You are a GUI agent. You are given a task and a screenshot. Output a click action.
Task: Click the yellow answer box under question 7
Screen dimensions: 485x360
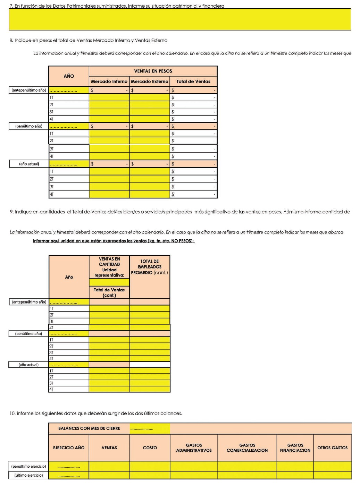click(179, 19)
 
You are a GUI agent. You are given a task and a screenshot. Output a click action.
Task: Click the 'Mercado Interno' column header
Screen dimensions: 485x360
click(109, 82)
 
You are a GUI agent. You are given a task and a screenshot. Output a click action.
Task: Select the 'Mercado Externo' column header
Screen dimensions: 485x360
click(149, 82)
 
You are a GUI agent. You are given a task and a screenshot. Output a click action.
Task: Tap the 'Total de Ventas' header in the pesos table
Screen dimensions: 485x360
click(193, 82)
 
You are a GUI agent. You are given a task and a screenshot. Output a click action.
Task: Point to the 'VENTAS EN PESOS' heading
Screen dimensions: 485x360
click(153, 71)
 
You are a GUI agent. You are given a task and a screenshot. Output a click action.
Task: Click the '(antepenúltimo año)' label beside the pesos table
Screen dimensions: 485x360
click(29, 90)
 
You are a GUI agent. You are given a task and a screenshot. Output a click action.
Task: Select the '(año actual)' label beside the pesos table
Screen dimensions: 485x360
click(29, 164)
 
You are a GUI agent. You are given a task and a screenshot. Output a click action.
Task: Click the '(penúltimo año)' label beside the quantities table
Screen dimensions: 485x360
click(29, 334)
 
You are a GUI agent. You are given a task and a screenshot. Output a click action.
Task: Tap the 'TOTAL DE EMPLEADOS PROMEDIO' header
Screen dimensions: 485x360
click(150, 267)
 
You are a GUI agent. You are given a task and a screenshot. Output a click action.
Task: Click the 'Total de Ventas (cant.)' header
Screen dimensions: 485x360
click(109, 292)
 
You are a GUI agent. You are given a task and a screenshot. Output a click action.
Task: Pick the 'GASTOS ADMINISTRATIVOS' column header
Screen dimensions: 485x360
click(194, 448)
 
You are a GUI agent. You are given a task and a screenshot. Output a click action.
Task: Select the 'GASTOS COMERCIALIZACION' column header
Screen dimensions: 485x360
click(247, 448)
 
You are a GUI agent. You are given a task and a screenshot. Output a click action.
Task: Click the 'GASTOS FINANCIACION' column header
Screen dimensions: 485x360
click(295, 448)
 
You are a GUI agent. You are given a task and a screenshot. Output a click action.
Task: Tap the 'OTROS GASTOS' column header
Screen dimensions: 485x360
click(332, 448)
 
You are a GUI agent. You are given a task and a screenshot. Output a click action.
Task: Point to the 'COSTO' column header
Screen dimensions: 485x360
click(150, 448)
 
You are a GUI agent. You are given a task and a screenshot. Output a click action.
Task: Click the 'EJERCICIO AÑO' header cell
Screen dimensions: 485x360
click(69, 448)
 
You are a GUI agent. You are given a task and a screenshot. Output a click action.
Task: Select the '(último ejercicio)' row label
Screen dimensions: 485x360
click(29, 475)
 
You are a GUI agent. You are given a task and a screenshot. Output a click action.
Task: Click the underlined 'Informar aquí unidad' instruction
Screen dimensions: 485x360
click(114, 241)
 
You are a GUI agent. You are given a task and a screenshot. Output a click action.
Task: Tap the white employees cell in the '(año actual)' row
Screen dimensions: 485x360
click(150, 365)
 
